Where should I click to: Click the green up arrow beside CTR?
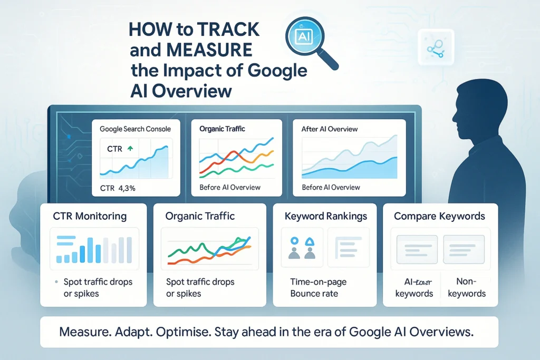coord(130,149)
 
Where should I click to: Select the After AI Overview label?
coord(330,129)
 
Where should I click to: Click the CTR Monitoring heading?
coord(90,216)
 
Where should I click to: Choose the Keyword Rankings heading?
coord(325,216)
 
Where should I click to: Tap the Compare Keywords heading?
coord(439,216)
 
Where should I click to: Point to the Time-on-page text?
coord(318,282)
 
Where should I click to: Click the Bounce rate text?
coord(314,293)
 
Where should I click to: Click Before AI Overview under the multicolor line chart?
coord(230,188)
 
